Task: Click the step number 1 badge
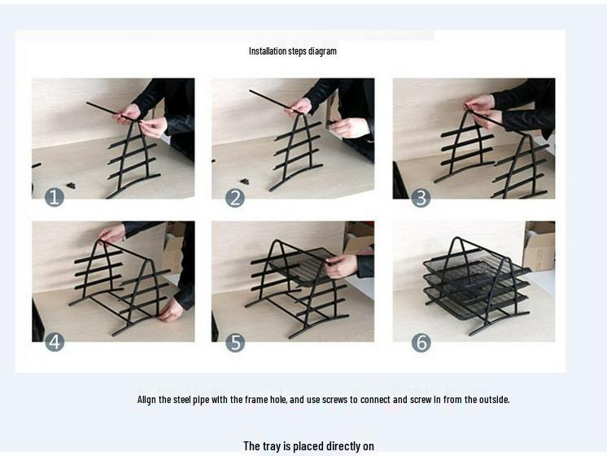tap(55, 197)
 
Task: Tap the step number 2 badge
tap(235, 198)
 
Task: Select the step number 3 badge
tap(421, 198)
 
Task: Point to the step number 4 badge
tap(55, 342)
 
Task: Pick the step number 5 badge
tap(235, 343)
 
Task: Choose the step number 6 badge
tap(421, 343)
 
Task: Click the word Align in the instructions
tap(146, 400)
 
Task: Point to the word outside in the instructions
tap(494, 400)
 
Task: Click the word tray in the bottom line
tap(272, 446)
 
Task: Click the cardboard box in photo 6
tap(539, 246)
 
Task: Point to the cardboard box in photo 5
tap(359, 236)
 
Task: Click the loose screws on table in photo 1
tap(71, 185)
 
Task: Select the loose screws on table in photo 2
tap(244, 182)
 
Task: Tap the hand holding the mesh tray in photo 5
tap(342, 265)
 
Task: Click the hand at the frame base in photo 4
tap(170, 311)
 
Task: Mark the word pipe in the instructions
tap(201, 400)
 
